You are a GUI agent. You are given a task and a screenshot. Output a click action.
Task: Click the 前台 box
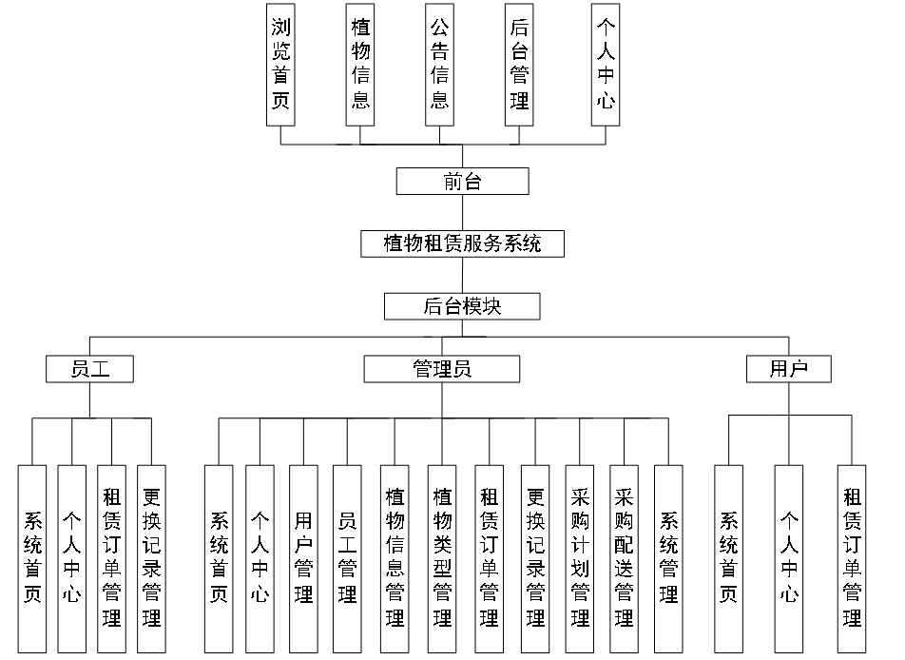pyautogui.click(x=462, y=181)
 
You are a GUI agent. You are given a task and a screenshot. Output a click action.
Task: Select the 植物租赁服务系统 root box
pyautogui.click(x=462, y=243)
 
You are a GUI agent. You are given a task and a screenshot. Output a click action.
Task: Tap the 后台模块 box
pyautogui.click(x=462, y=306)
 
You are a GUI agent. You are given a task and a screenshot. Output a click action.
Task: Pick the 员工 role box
pyautogui.click(x=90, y=369)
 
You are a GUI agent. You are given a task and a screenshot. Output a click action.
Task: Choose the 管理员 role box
pyautogui.click(x=442, y=369)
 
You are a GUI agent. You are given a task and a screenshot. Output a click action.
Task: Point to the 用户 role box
pyautogui.click(x=788, y=369)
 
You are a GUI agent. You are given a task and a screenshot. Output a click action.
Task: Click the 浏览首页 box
pyautogui.click(x=280, y=64)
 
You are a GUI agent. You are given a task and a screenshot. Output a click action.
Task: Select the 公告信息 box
pyautogui.click(x=439, y=64)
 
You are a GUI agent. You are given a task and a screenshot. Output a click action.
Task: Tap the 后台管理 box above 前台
pyautogui.click(x=519, y=64)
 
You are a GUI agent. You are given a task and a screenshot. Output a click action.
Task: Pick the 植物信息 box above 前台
pyautogui.click(x=360, y=64)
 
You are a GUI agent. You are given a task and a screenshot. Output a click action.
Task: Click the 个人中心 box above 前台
pyautogui.click(x=605, y=64)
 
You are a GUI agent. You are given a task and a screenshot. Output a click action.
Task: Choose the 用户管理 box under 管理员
pyautogui.click(x=303, y=558)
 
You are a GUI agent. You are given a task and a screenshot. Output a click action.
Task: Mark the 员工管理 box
pyautogui.click(x=347, y=558)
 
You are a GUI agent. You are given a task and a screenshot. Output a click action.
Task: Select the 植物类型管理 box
pyautogui.click(x=442, y=558)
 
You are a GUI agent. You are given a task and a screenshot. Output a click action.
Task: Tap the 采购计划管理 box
pyautogui.click(x=580, y=558)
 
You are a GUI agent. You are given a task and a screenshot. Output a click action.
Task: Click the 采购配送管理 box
pyautogui.click(x=624, y=558)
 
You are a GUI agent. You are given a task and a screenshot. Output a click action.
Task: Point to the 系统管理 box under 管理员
pyautogui.click(x=668, y=558)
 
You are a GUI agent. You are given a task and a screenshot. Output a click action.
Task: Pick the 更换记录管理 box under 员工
pyautogui.click(x=151, y=558)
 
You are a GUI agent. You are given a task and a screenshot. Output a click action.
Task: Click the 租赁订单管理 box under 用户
pyautogui.click(x=852, y=558)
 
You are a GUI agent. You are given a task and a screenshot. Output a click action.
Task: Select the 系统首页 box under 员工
pyautogui.click(x=32, y=558)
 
